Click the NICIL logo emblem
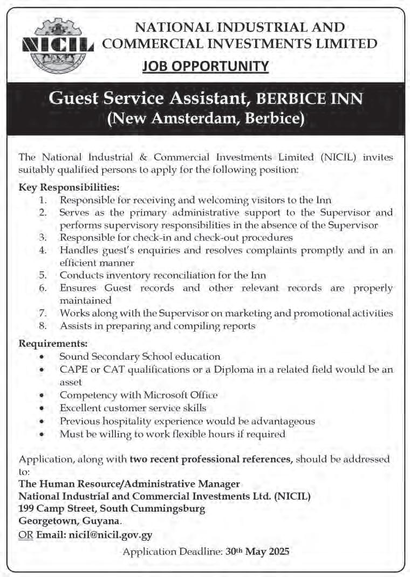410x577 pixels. (x=57, y=46)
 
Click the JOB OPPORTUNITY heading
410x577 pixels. (x=206, y=66)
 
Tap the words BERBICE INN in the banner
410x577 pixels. (x=310, y=99)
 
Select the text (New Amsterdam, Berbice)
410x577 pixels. (x=206, y=118)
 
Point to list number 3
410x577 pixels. (x=44, y=237)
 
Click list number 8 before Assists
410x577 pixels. (x=44, y=325)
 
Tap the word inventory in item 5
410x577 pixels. (x=122, y=275)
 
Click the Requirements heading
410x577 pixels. (x=53, y=343)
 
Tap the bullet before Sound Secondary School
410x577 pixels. (x=42, y=357)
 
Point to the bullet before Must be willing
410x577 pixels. (x=42, y=434)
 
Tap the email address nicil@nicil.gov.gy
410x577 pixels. (x=110, y=535)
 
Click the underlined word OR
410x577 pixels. (x=25, y=535)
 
